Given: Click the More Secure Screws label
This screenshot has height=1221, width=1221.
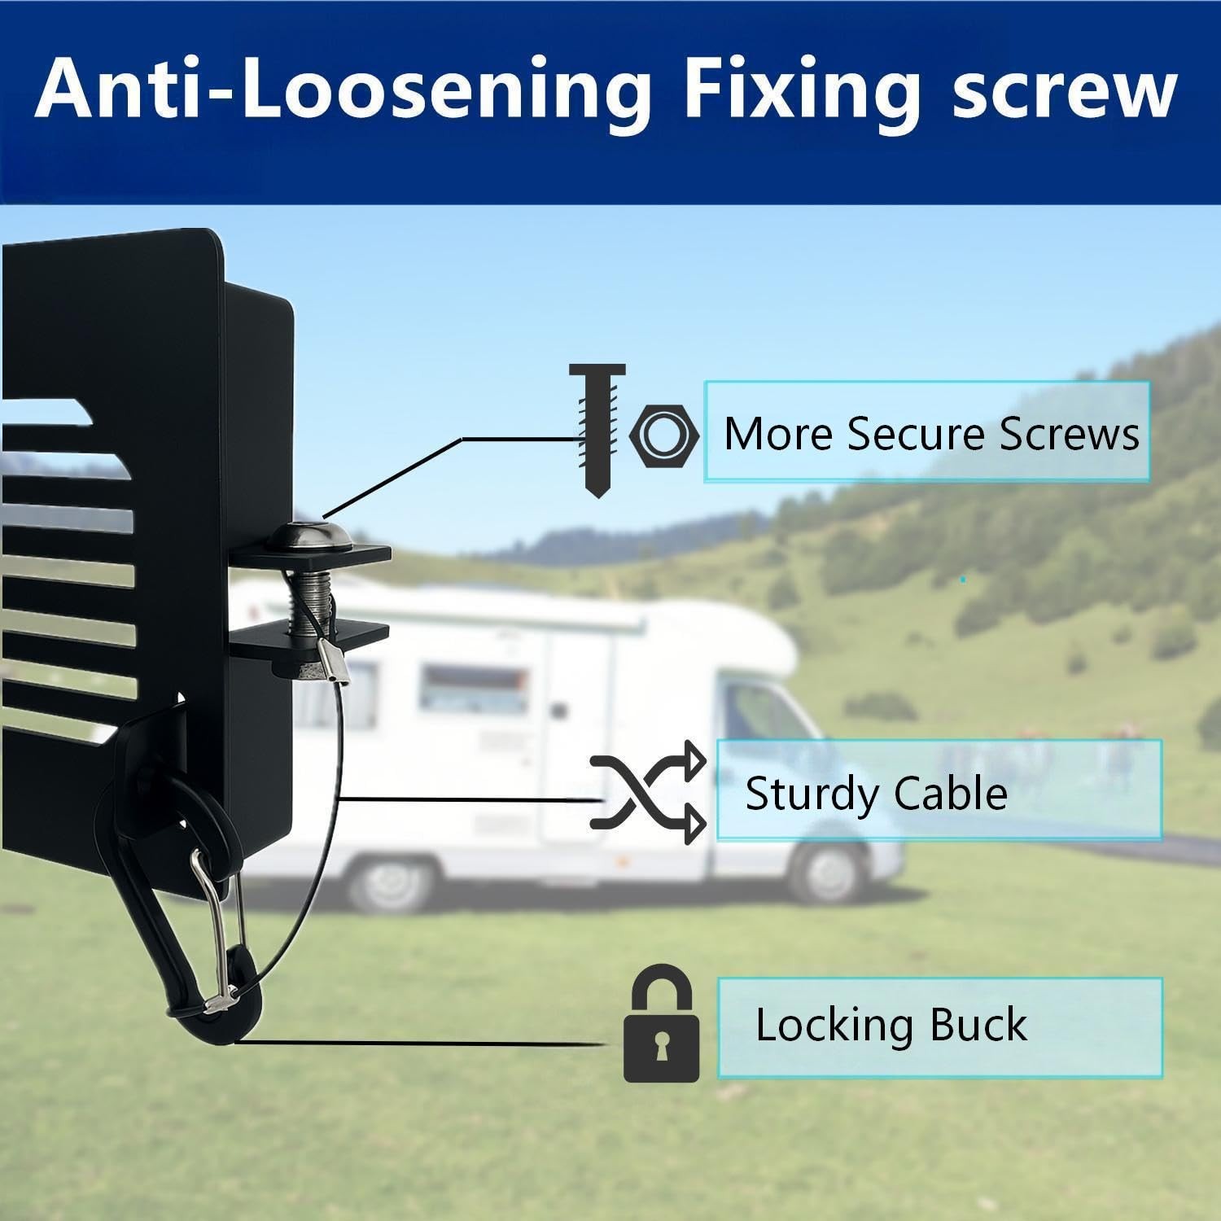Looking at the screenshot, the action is point(930,433).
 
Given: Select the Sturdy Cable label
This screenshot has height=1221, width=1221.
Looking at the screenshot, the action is point(876,793).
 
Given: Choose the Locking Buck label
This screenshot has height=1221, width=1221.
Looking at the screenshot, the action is point(891,1024).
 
